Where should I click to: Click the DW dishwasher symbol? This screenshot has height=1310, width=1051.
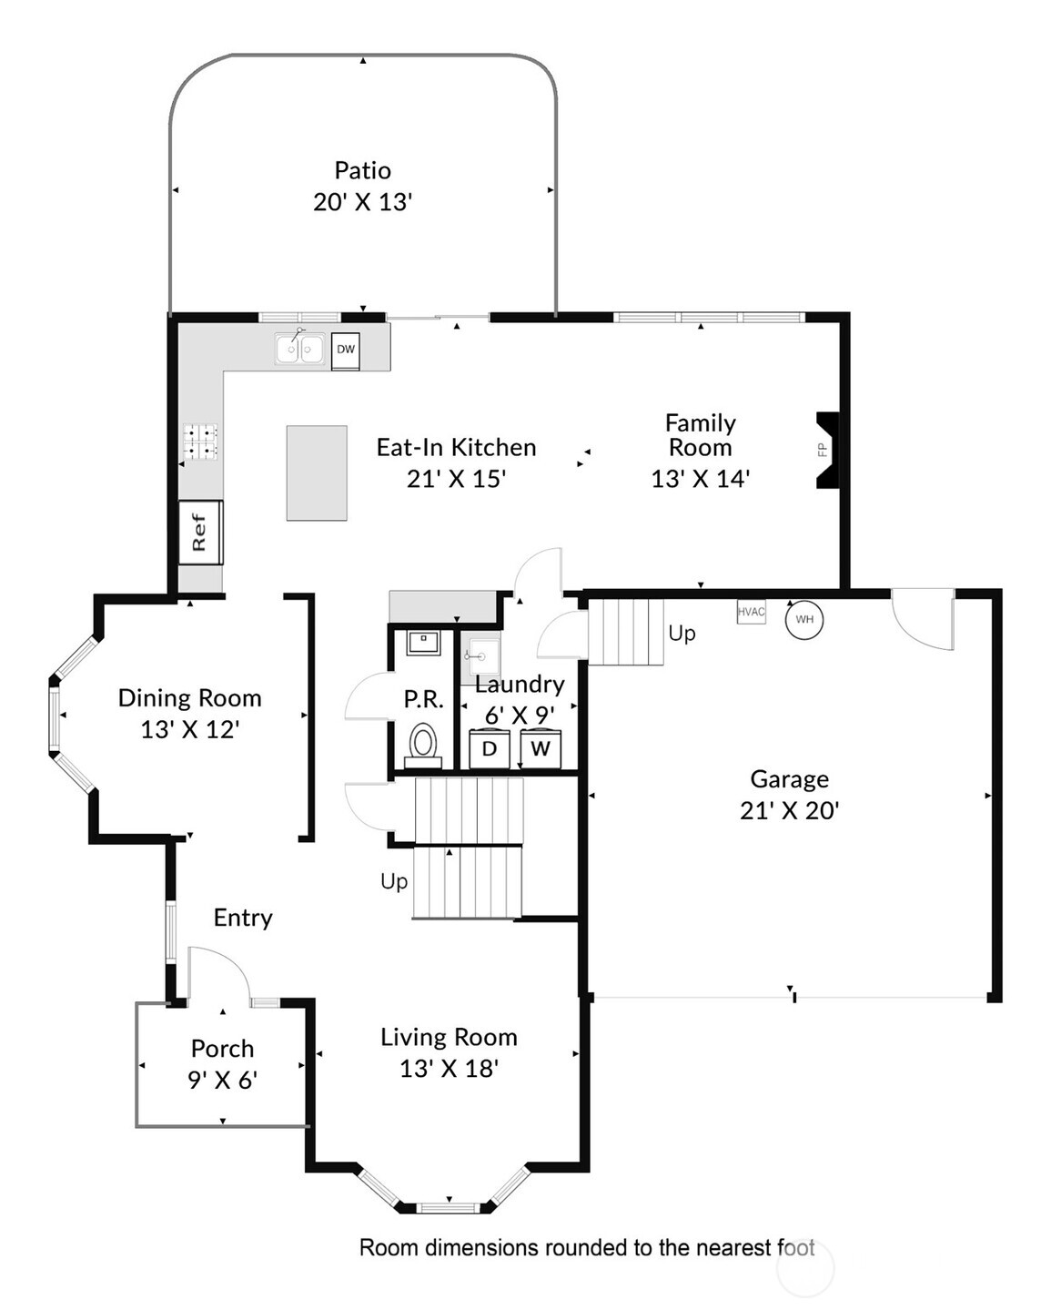pyautogui.click(x=345, y=350)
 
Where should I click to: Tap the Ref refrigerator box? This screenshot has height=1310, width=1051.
pyautogui.click(x=200, y=532)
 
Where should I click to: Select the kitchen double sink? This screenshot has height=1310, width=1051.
pyautogui.click(x=298, y=348)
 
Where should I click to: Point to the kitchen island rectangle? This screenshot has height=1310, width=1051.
pyautogui.click(x=317, y=473)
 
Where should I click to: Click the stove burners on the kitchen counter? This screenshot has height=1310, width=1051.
pyautogui.click(x=201, y=441)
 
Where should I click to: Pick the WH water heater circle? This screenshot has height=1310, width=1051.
pyautogui.click(x=803, y=619)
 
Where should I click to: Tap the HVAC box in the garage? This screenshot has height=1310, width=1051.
pyautogui.click(x=751, y=612)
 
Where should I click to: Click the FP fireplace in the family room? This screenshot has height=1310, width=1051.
pyautogui.click(x=827, y=450)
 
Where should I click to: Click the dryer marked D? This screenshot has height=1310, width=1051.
pyautogui.click(x=490, y=748)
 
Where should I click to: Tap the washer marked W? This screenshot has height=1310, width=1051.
pyautogui.click(x=541, y=748)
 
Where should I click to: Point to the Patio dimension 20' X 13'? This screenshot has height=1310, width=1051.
pyautogui.click(x=363, y=202)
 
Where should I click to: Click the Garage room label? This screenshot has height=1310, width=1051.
pyautogui.click(x=789, y=779)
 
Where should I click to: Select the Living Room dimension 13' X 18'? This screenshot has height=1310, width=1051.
pyautogui.click(x=450, y=1069)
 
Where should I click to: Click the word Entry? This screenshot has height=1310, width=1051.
pyautogui.click(x=243, y=918)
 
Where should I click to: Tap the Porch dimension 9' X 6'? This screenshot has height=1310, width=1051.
pyautogui.click(x=222, y=1080)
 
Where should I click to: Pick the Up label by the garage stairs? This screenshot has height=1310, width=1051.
pyautogui.click(x=682, y=634)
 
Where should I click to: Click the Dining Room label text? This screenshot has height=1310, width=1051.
pyautogui.click(x=190, y=698)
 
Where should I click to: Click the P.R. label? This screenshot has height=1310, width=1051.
pyautogui.click(x=423, y=699)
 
